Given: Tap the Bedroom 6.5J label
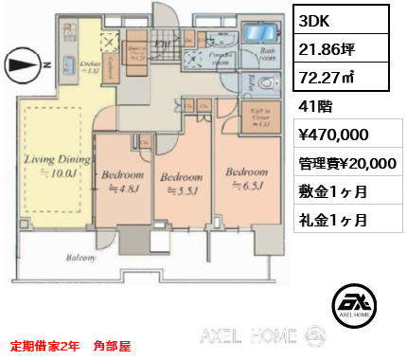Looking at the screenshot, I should coord(241,176).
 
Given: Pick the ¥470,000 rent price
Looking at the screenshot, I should coord(333,135).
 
